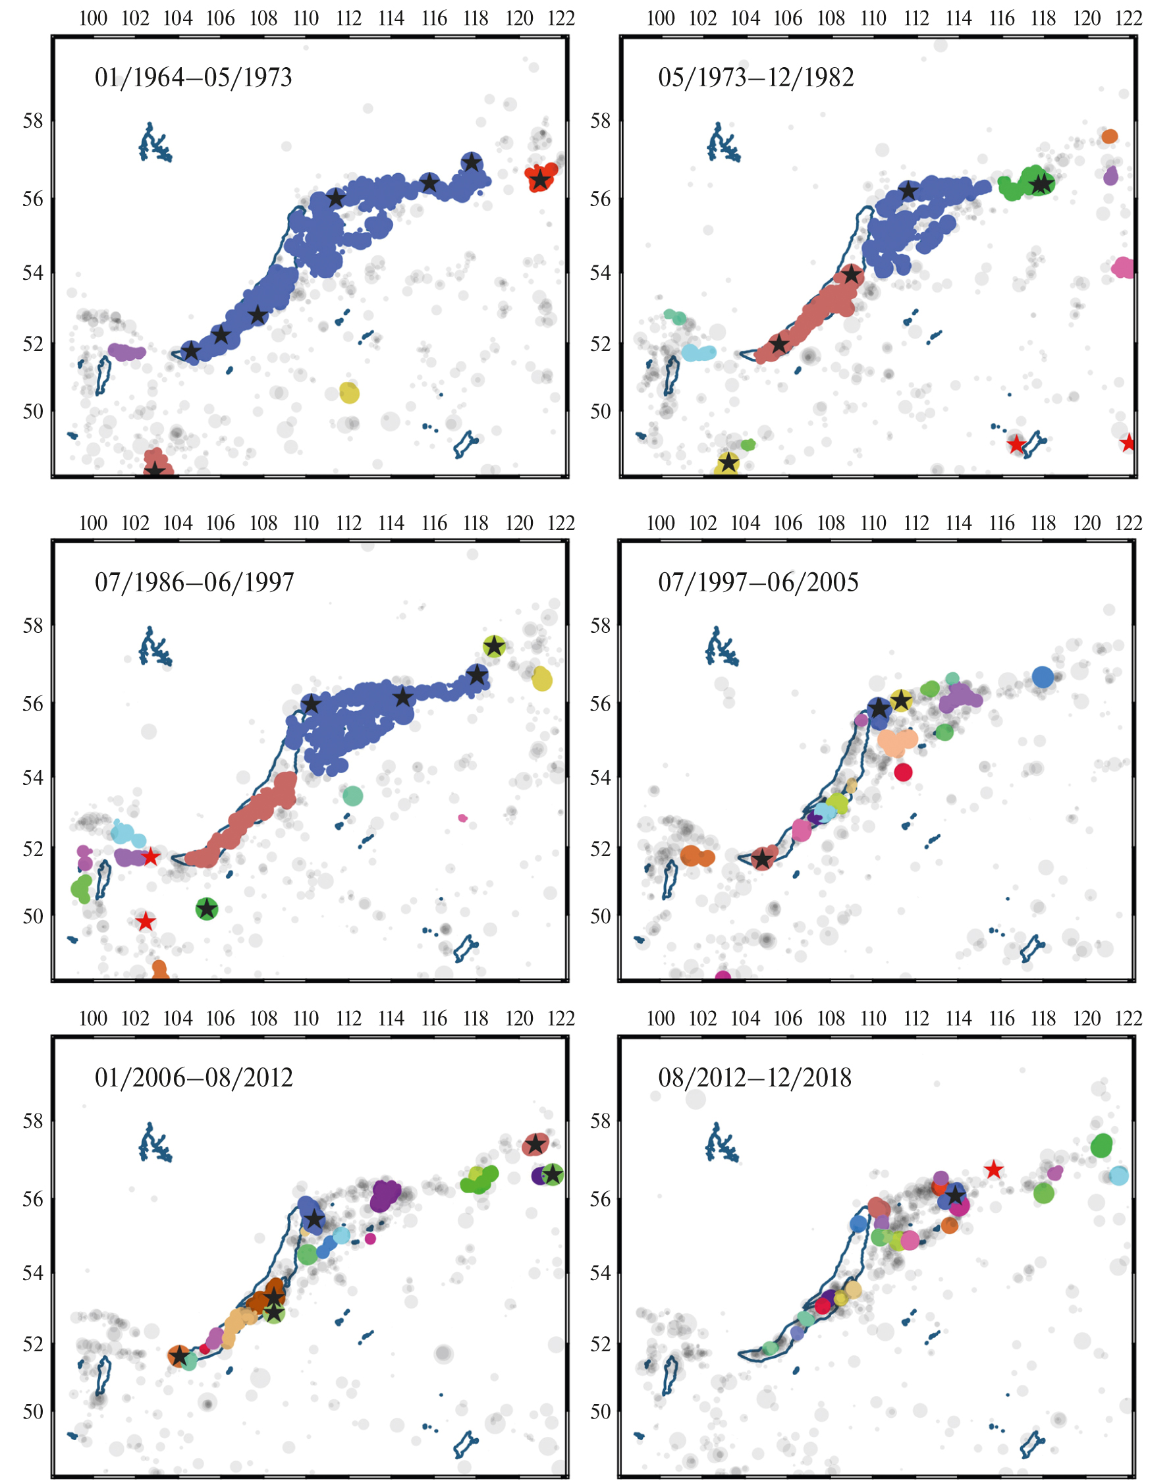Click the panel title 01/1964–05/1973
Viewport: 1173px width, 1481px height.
[193, 78]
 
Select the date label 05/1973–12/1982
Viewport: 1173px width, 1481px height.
[755, 78]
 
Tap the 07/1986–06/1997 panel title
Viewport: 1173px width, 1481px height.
[194, 582]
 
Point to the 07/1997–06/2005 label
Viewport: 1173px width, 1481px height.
[757, 582]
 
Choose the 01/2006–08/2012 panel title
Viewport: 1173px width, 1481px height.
[194, 1078]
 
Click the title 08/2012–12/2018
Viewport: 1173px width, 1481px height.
[754, 1078]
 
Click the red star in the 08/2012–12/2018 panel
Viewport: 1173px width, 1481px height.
[993, 1170]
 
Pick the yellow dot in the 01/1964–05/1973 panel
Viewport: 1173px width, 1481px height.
[349, 392]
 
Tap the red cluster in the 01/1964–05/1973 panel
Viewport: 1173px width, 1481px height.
[541, 176]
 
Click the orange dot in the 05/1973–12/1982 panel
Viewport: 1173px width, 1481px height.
[1109, 136]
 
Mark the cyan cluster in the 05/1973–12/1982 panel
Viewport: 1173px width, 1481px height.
[698, 353]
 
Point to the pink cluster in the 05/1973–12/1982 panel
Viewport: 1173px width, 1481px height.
[1124, 267]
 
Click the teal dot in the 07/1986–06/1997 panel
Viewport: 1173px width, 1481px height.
[352, 795]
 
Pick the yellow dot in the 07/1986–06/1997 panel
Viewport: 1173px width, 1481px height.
[542, 679]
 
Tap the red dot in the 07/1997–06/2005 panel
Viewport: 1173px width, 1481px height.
[903, 772]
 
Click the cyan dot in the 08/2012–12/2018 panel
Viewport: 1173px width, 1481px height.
[1119, 1175]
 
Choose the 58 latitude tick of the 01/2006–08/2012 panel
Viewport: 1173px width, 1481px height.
[32, 1121]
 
